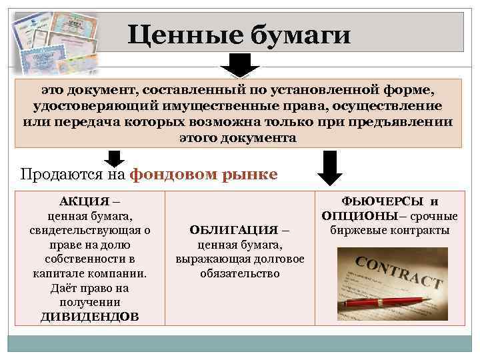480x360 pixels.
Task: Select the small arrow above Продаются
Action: pos(115,158)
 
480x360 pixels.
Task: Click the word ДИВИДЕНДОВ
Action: pos(89,317)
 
